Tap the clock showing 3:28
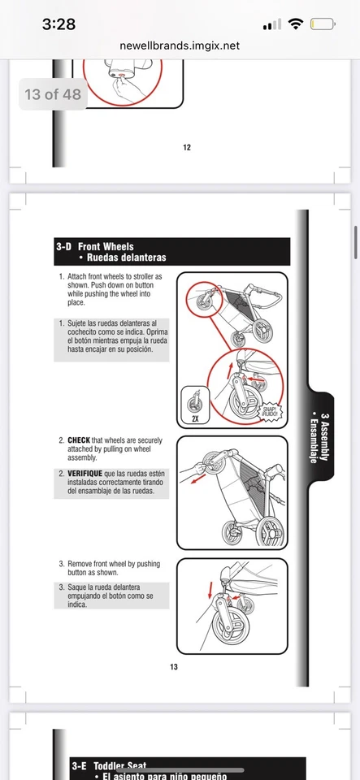59,24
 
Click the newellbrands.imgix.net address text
180,46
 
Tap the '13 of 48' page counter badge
53,94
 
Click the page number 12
187,147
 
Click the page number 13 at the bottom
173,667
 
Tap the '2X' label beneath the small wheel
195,420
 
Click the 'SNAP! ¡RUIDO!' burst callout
270,411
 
